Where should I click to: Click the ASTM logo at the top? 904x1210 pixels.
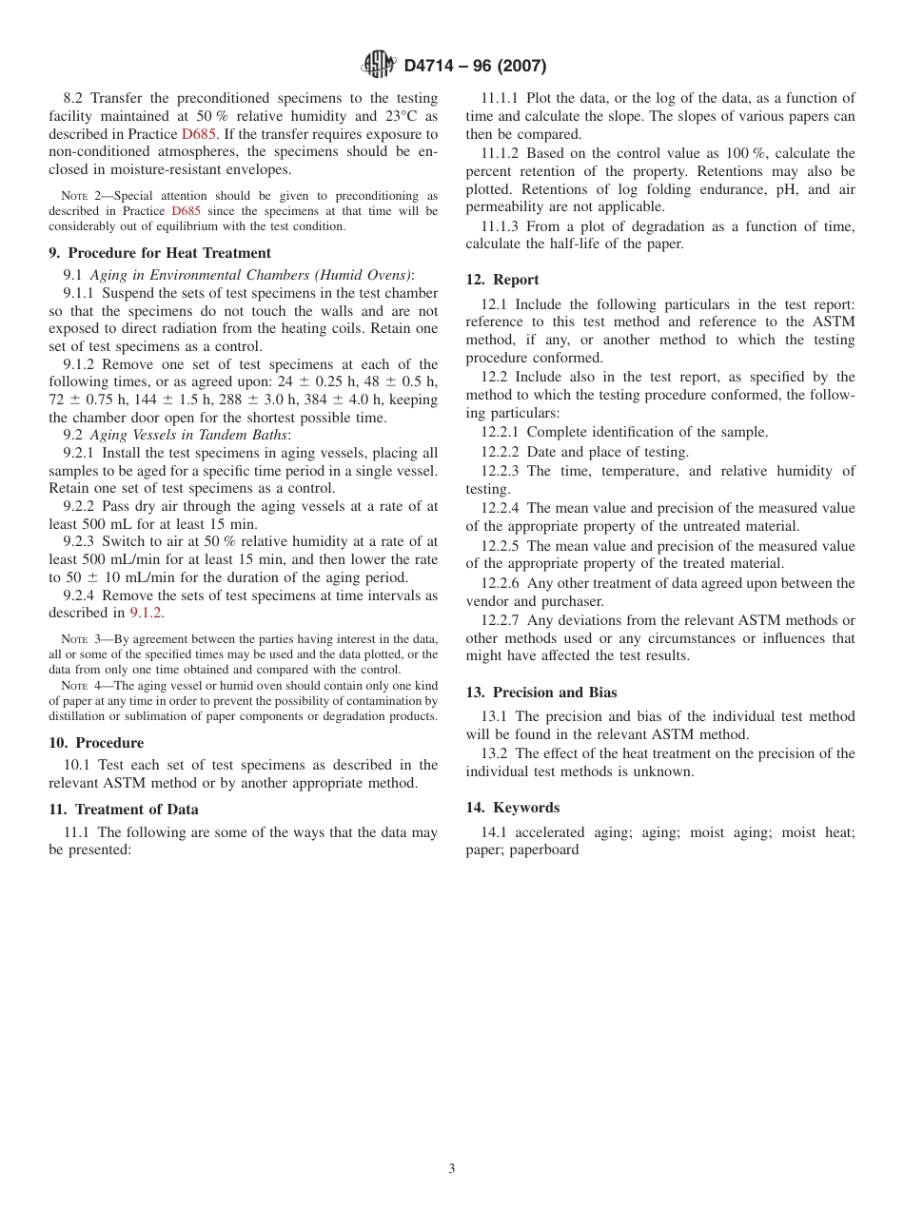[379, 66]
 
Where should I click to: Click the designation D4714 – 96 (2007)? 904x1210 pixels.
[475, 67]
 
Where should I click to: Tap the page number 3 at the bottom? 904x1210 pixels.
[452, 1169]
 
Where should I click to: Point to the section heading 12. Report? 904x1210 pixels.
[502, 280]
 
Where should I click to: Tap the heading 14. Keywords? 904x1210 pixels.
[513, 808]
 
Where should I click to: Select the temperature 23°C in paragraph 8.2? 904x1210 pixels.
[415, 116]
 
